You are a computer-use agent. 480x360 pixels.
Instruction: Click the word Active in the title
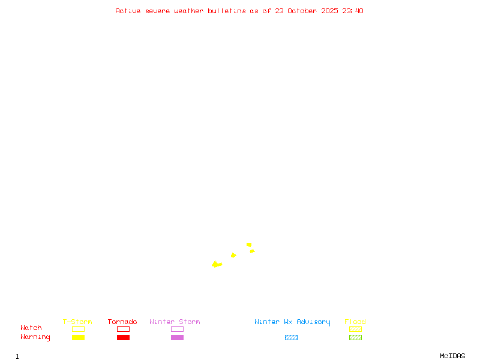(128, 11)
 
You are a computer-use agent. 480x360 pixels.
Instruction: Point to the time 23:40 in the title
(352, 11)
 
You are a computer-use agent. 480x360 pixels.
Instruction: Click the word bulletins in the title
(227, 11)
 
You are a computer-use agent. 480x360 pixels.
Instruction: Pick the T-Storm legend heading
(77, 322)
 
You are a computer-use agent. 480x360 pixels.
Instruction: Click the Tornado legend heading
(122, 322)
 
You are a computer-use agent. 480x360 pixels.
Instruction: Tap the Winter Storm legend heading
(175, 322)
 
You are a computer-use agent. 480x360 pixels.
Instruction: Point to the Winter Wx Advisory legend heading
(292, 322)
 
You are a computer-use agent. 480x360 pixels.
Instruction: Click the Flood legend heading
(355, 322)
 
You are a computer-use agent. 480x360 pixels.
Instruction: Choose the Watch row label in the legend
(31, 328)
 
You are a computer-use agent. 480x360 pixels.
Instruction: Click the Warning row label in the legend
(35, 337)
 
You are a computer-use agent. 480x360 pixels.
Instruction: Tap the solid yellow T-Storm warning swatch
(78, 337)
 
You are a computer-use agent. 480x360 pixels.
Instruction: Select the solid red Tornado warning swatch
(123, 337)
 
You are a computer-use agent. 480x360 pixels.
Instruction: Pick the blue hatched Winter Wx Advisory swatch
(291, 337)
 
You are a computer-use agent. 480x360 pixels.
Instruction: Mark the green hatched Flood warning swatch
(355, 337)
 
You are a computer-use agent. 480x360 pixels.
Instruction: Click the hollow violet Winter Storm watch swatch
(177, 329)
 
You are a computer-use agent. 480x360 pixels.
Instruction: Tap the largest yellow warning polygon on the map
(216, 264)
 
